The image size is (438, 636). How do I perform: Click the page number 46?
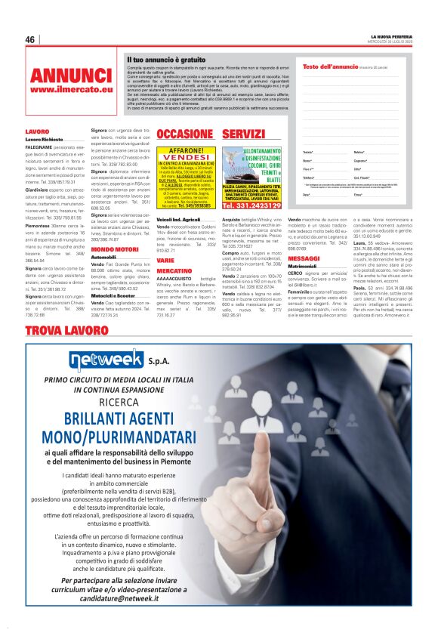(x=30, y=40)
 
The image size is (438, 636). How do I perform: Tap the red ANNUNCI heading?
(x=71, y=76)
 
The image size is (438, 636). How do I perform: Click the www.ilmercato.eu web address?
(x=71, y=90)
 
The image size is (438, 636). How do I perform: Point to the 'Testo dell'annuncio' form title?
(x=331, y=67)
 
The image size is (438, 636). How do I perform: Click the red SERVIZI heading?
(x=243, y=134)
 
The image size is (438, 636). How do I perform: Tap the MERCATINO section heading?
(x=174, y=270)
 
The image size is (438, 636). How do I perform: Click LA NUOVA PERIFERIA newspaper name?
(x=391, y=36)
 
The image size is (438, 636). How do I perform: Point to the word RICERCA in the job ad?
(x=116, y=402)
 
